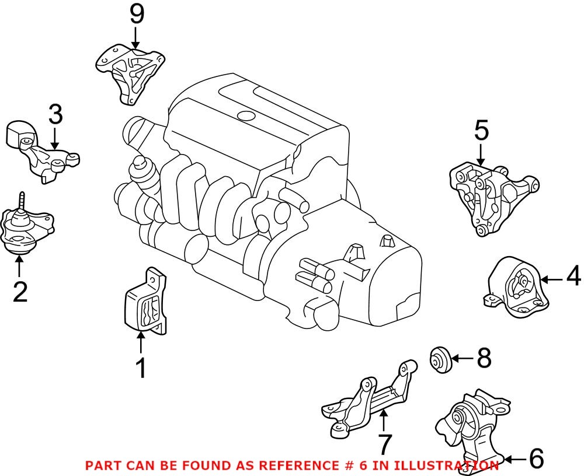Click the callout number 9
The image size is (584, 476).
[136, 14]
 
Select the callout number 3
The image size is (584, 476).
[55, 116]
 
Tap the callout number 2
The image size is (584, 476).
[20, 292]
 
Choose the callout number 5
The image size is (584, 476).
[481, 131]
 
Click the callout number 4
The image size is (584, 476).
[572, 276]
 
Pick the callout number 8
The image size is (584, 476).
[484, 358]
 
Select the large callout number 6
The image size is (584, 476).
[536, 459]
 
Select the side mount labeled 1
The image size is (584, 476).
[144, 304]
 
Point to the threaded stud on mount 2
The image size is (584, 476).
[21, 200]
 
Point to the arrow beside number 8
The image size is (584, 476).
[461, 358]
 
